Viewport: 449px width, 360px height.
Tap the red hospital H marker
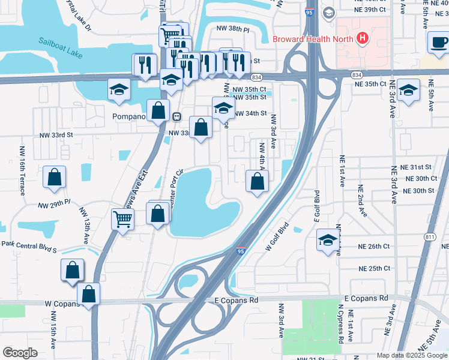362,40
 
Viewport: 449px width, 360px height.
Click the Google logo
20,353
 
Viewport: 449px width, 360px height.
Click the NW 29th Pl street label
54,205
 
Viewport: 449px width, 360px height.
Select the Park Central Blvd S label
28,247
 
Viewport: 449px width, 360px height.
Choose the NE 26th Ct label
374,247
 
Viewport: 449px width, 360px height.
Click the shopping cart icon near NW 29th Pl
123,219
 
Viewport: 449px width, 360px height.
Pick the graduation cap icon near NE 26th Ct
328,240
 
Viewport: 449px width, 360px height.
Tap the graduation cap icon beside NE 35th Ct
409,91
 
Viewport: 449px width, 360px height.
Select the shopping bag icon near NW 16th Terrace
54,177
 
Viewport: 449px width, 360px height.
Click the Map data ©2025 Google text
412,355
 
